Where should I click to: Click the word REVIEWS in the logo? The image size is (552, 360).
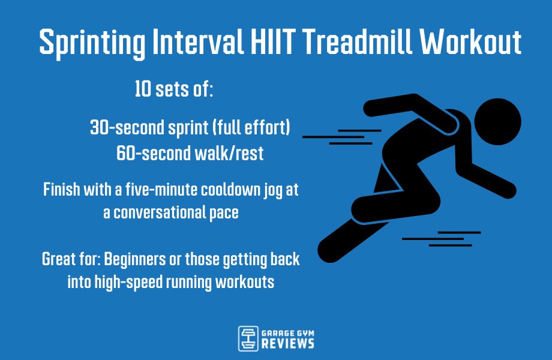tap(288, 344)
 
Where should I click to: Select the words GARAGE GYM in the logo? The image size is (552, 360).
tap(288, 331)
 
